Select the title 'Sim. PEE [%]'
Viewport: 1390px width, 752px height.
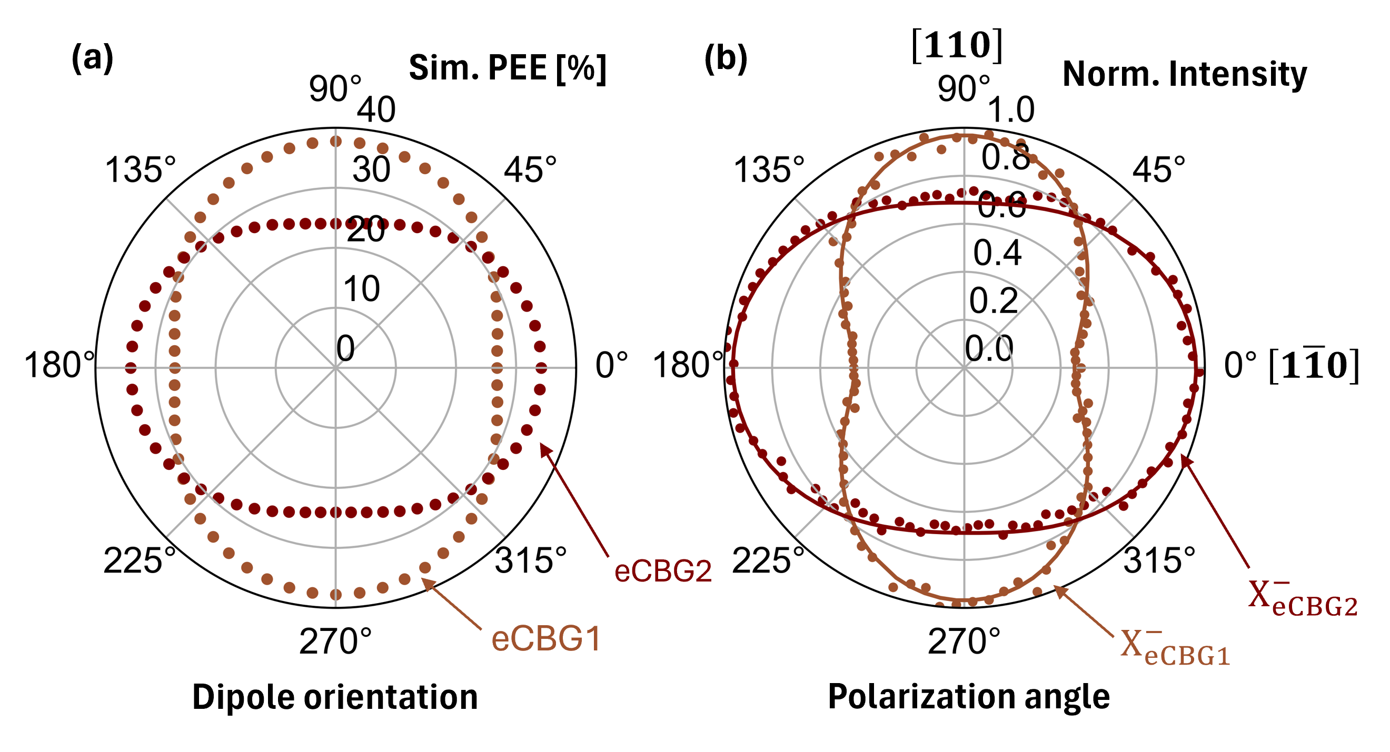pos(507,68)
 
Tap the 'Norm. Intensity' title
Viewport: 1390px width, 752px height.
pos(1185,74)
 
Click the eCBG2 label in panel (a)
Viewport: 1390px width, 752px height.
pos(663,571)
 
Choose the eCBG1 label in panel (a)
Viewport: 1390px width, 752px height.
pos(545,639)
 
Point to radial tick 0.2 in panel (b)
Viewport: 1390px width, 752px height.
pos(994,300)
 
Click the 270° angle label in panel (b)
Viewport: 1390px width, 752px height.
pos(964,641)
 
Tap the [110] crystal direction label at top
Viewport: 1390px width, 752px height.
pos(957,45)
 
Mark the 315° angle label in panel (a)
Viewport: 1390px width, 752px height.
pos(531,560)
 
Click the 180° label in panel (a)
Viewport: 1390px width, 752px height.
pos(59,365)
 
